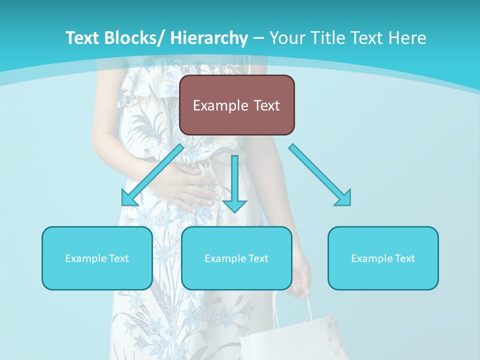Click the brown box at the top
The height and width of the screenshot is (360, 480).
click(x=236, y=105)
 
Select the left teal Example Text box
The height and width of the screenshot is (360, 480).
click(x=97, y=258)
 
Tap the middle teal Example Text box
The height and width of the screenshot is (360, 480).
click(x=236, y=258)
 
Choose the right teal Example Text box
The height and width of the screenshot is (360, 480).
click(x=383, y=258)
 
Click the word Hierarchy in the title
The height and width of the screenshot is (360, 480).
click(x=209, y=38)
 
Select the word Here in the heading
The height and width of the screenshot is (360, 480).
click(x=408, y=38)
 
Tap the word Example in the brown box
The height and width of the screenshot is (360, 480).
click(x=220, y=105)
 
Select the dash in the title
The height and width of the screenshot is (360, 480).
click(x=258, y=38)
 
